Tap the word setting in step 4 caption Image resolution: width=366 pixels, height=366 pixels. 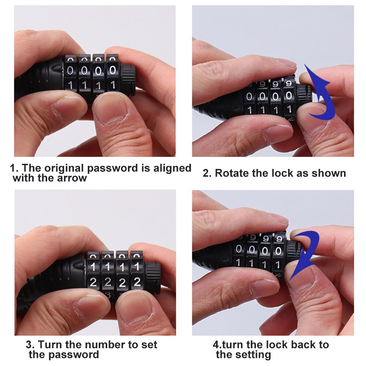click(253, 354)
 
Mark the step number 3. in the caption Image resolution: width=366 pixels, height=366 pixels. click(30, 344)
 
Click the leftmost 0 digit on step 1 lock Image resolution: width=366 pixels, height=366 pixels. click(71, 70)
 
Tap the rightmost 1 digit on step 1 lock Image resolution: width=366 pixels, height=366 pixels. click(113, 85)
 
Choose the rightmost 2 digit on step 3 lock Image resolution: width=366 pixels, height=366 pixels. click(137, 282)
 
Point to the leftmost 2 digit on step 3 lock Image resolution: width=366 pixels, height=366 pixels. click(93, 282)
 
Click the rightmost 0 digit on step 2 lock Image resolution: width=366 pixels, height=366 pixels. click(289, 96)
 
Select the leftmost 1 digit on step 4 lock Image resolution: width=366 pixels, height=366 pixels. click(238, 262)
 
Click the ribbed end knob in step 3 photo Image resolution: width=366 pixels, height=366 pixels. click(152, 273)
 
